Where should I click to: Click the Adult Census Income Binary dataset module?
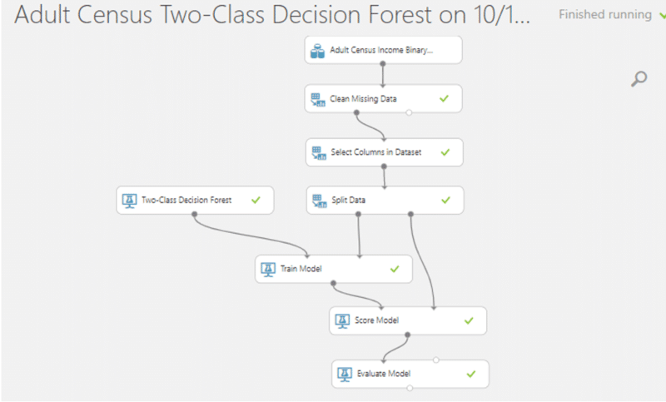[x=383, y=51]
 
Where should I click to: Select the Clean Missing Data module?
[x=383, y=99]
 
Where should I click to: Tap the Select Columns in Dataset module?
[x=383, y=152]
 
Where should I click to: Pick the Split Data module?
[x=383, y=200]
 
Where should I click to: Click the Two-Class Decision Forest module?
[x=193, y=200]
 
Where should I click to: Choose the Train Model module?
[x=332, y=269]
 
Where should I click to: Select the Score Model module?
[x=407, y=320]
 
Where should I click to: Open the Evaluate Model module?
[x=410, y=374]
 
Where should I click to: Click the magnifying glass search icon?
[x=639, y=79]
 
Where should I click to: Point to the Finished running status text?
[x=605, y=15]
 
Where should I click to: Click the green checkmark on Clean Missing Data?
[x=445, y=99]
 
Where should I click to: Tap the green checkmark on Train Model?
[x=395, y=269]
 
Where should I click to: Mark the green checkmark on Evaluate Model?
[x=471, y=374]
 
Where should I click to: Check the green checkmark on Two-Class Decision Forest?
[x=256, y=200]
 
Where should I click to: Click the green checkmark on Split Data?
[x=445, y=200]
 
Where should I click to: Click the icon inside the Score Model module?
[x=342, y=320]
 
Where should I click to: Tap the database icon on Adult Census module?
[x=317, y=51]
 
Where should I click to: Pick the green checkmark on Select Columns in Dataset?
[x=445, y=152]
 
